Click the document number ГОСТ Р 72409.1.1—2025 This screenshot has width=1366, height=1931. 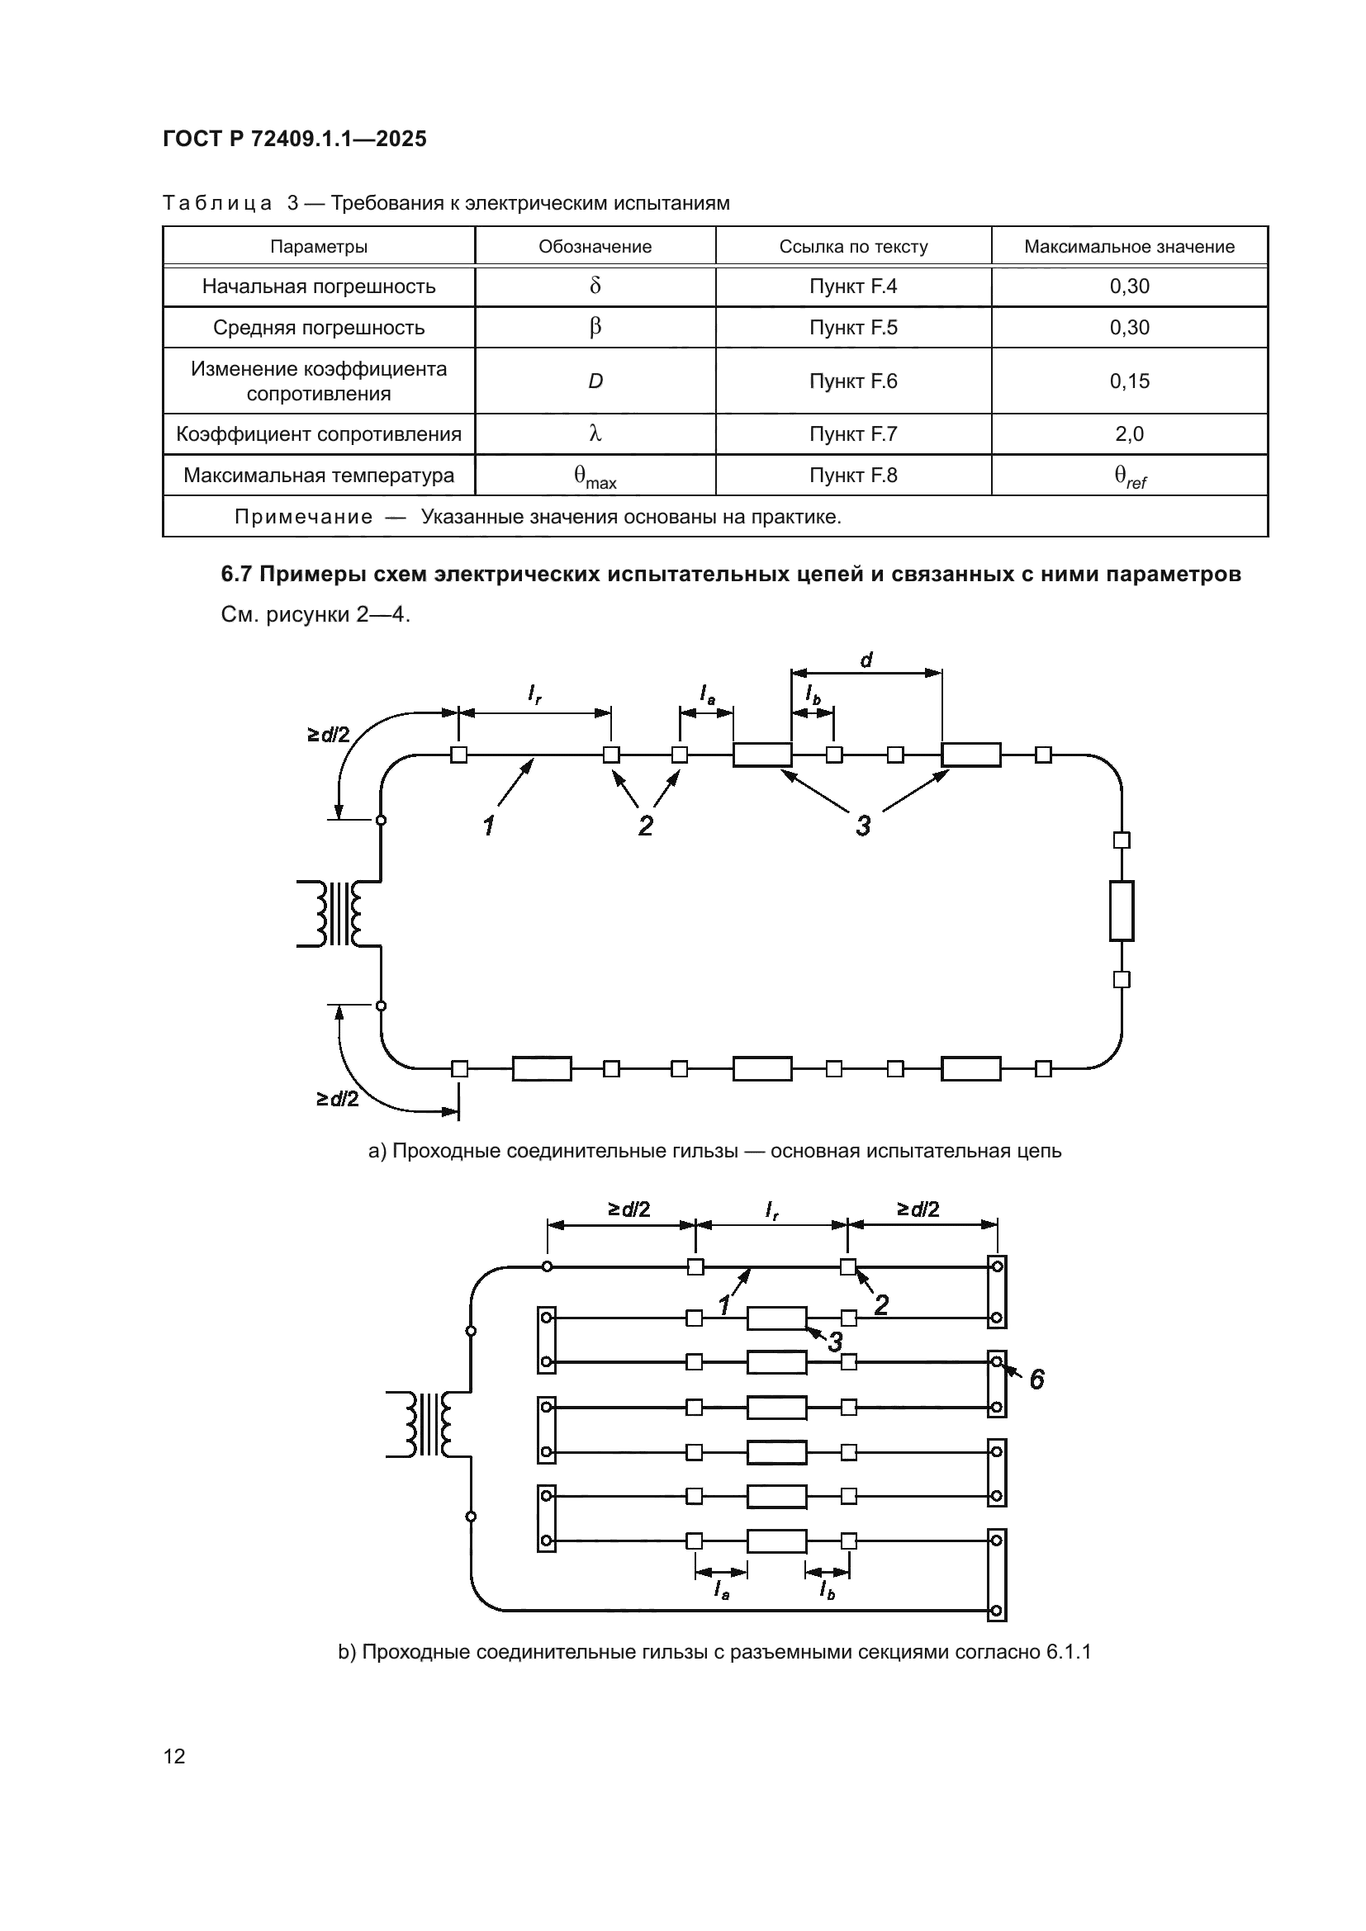294,139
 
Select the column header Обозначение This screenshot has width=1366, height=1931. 595,246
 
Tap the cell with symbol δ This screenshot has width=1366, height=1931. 595,286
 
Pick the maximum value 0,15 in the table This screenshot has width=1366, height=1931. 1129,381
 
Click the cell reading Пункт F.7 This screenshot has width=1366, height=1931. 853,434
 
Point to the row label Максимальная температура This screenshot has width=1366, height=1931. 319,476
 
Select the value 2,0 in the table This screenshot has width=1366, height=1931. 1129,434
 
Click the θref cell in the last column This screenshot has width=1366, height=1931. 1130,477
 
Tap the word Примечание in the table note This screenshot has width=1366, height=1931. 303,516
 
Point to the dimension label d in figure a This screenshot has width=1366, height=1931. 866,660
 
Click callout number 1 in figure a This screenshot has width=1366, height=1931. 488,826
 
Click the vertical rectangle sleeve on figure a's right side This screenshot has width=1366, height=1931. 1122,910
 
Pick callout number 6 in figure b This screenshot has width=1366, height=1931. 1036,1380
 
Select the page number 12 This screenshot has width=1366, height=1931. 174,1756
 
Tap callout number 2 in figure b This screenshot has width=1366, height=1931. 880,1304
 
